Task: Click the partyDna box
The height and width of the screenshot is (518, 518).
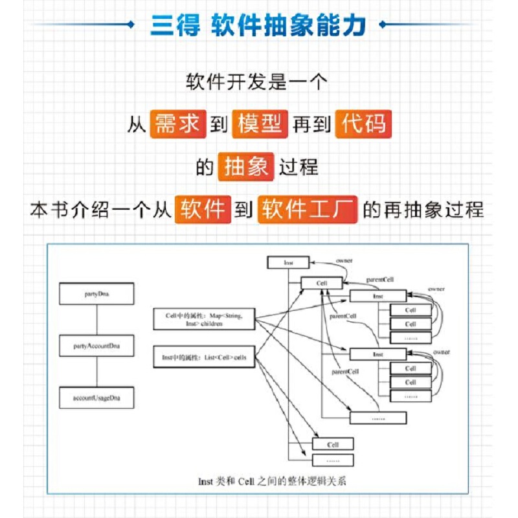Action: point(96,294)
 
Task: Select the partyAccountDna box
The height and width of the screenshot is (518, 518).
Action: point(96,346)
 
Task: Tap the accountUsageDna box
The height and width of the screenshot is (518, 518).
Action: point(96,398)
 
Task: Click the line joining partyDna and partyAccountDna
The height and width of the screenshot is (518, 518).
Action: point(96,320)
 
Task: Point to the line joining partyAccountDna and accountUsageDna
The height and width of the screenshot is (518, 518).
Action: point(96,372)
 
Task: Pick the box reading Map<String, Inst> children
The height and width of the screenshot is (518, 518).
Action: point(203,318)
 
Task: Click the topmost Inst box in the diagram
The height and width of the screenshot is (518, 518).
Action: point(288,263)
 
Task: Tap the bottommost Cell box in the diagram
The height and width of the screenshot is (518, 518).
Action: point(333,444)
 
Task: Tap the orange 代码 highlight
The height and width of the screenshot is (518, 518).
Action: point(364,124)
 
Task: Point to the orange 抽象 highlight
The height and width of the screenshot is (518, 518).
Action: point(247,166)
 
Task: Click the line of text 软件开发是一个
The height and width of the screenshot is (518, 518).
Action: point(258,83)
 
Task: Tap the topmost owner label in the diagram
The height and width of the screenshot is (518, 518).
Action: point(344,260)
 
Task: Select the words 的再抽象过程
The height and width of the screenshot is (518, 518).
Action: point(423,210)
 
